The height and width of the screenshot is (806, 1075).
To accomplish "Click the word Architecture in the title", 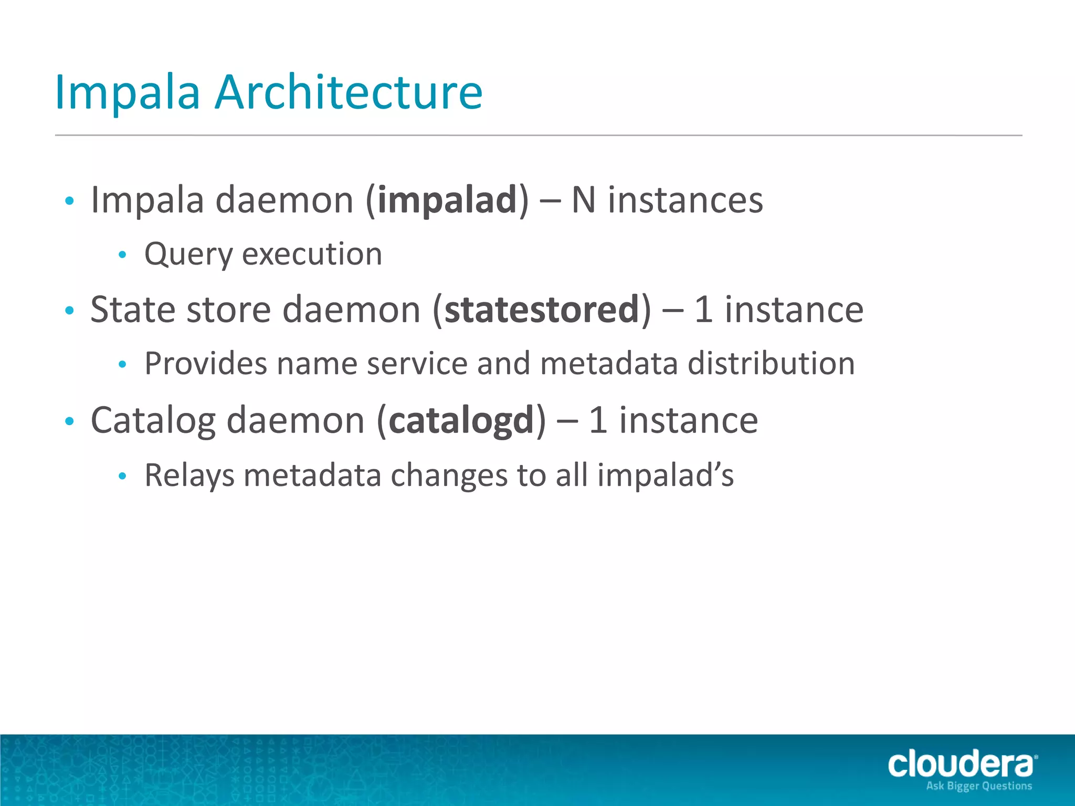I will coord(349,92).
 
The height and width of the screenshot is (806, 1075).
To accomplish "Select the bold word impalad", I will coord(447,200).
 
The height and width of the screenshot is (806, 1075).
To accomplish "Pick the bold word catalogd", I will coord(461,421).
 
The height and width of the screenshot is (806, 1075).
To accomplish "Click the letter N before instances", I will coord(583,200).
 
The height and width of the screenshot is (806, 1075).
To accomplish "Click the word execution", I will coord(312,254).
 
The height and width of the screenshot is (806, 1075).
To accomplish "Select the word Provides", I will coord(206,363).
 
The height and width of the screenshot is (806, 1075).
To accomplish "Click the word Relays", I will coord(189,475).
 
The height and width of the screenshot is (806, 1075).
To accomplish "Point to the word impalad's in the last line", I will coord(665,475).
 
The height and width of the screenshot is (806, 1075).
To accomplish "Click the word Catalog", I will coord(153,421).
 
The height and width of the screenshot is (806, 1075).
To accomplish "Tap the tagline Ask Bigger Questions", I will coord(979,786).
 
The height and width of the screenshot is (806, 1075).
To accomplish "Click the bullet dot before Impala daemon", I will coord(69,201).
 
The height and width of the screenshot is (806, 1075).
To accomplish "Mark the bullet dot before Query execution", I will coord(122,255).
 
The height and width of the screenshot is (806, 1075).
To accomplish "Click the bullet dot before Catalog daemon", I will coord(69,421).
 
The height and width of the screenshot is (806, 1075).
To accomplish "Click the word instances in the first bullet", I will coord(685,200).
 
